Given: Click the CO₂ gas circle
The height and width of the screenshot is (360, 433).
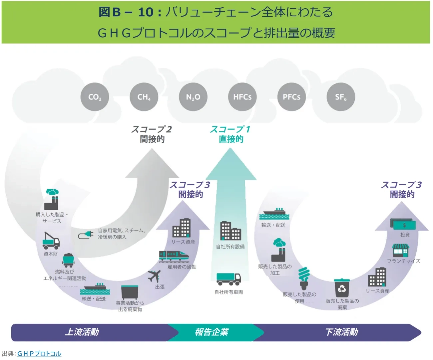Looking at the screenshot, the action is click(x=95, y=97).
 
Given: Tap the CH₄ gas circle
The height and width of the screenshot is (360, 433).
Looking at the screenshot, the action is click(x=144, y=97).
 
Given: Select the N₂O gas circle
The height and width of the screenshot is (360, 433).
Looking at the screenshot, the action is click(x=193, y=97).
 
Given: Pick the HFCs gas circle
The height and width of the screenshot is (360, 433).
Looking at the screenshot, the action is click(x=242, y=97).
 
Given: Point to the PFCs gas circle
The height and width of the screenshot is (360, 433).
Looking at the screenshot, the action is click(x=291, y=97).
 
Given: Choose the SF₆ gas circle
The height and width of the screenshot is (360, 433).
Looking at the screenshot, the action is click(x=341, y=97).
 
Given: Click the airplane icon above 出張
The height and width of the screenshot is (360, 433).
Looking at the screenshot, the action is click(x=154, y=276).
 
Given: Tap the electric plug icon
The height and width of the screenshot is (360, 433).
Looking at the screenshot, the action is click(x=86, y=235).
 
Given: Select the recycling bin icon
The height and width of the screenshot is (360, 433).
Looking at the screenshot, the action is click(x=342, y=288).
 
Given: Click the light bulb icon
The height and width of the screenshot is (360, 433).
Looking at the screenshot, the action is click(x=304, y=278).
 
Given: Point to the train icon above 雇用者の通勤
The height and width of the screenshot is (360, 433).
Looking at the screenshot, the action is click(x=174, y=256).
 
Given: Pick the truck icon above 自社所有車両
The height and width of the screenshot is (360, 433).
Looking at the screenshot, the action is click(x=228, y=279).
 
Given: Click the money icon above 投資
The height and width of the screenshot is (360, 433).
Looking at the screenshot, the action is click(x=403, y=224).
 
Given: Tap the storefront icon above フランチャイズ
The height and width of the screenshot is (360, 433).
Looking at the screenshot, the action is click(x=400, y=250).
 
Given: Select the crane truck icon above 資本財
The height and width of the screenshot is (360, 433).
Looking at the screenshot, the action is click(x=51, y=240).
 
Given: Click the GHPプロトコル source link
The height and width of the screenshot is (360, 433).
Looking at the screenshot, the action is click(x=39, y=353).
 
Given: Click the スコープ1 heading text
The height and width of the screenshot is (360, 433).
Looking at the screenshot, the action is click(x=230, y=129).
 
